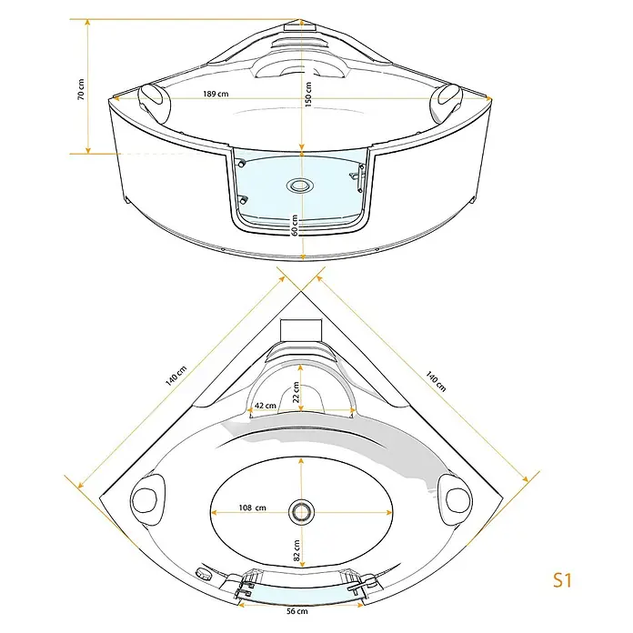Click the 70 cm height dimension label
(81, 89)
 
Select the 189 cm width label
(216, 94)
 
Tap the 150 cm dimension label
(308, 94)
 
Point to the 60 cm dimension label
(295, 226)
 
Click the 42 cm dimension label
(266, 406)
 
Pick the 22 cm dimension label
(296, 392)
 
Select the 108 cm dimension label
(252, 507)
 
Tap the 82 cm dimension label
(296, 550)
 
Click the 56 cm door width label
(297, 611)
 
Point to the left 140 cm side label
(176, 376)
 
